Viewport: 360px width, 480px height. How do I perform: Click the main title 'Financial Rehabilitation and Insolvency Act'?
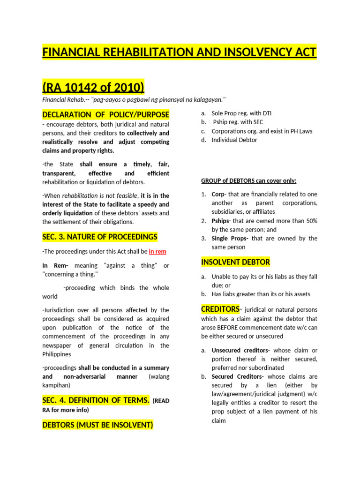point(180,52)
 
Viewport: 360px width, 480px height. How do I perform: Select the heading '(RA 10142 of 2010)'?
point(93,87)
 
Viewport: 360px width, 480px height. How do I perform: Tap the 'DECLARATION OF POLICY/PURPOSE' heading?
point(106,115)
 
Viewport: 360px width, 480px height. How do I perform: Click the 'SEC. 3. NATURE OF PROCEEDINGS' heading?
point(100,237)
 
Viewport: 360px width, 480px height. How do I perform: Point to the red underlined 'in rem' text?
point(157,251)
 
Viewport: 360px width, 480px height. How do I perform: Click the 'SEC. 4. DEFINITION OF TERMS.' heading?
point(96,400)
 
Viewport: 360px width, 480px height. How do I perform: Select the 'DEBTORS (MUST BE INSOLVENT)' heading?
point(97,425)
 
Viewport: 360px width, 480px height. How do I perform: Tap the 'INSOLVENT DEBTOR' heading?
point(235,262)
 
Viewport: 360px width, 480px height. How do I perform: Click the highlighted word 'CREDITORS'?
point(220,309)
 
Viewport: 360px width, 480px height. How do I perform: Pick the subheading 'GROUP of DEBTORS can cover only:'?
point(248,181)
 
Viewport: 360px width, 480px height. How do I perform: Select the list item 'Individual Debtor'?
point(234,140)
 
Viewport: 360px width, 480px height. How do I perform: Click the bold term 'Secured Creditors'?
point(236,376)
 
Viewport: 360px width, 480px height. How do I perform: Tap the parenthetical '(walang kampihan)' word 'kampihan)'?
point(57,385)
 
